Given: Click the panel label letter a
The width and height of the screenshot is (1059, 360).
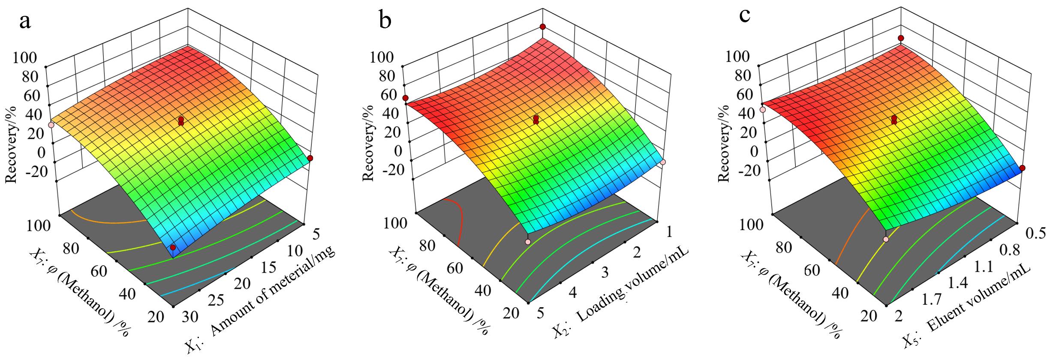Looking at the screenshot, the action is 25,21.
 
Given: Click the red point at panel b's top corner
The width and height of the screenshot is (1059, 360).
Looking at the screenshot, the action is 542,27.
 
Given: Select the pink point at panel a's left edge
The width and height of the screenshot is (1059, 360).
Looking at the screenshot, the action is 51,125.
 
